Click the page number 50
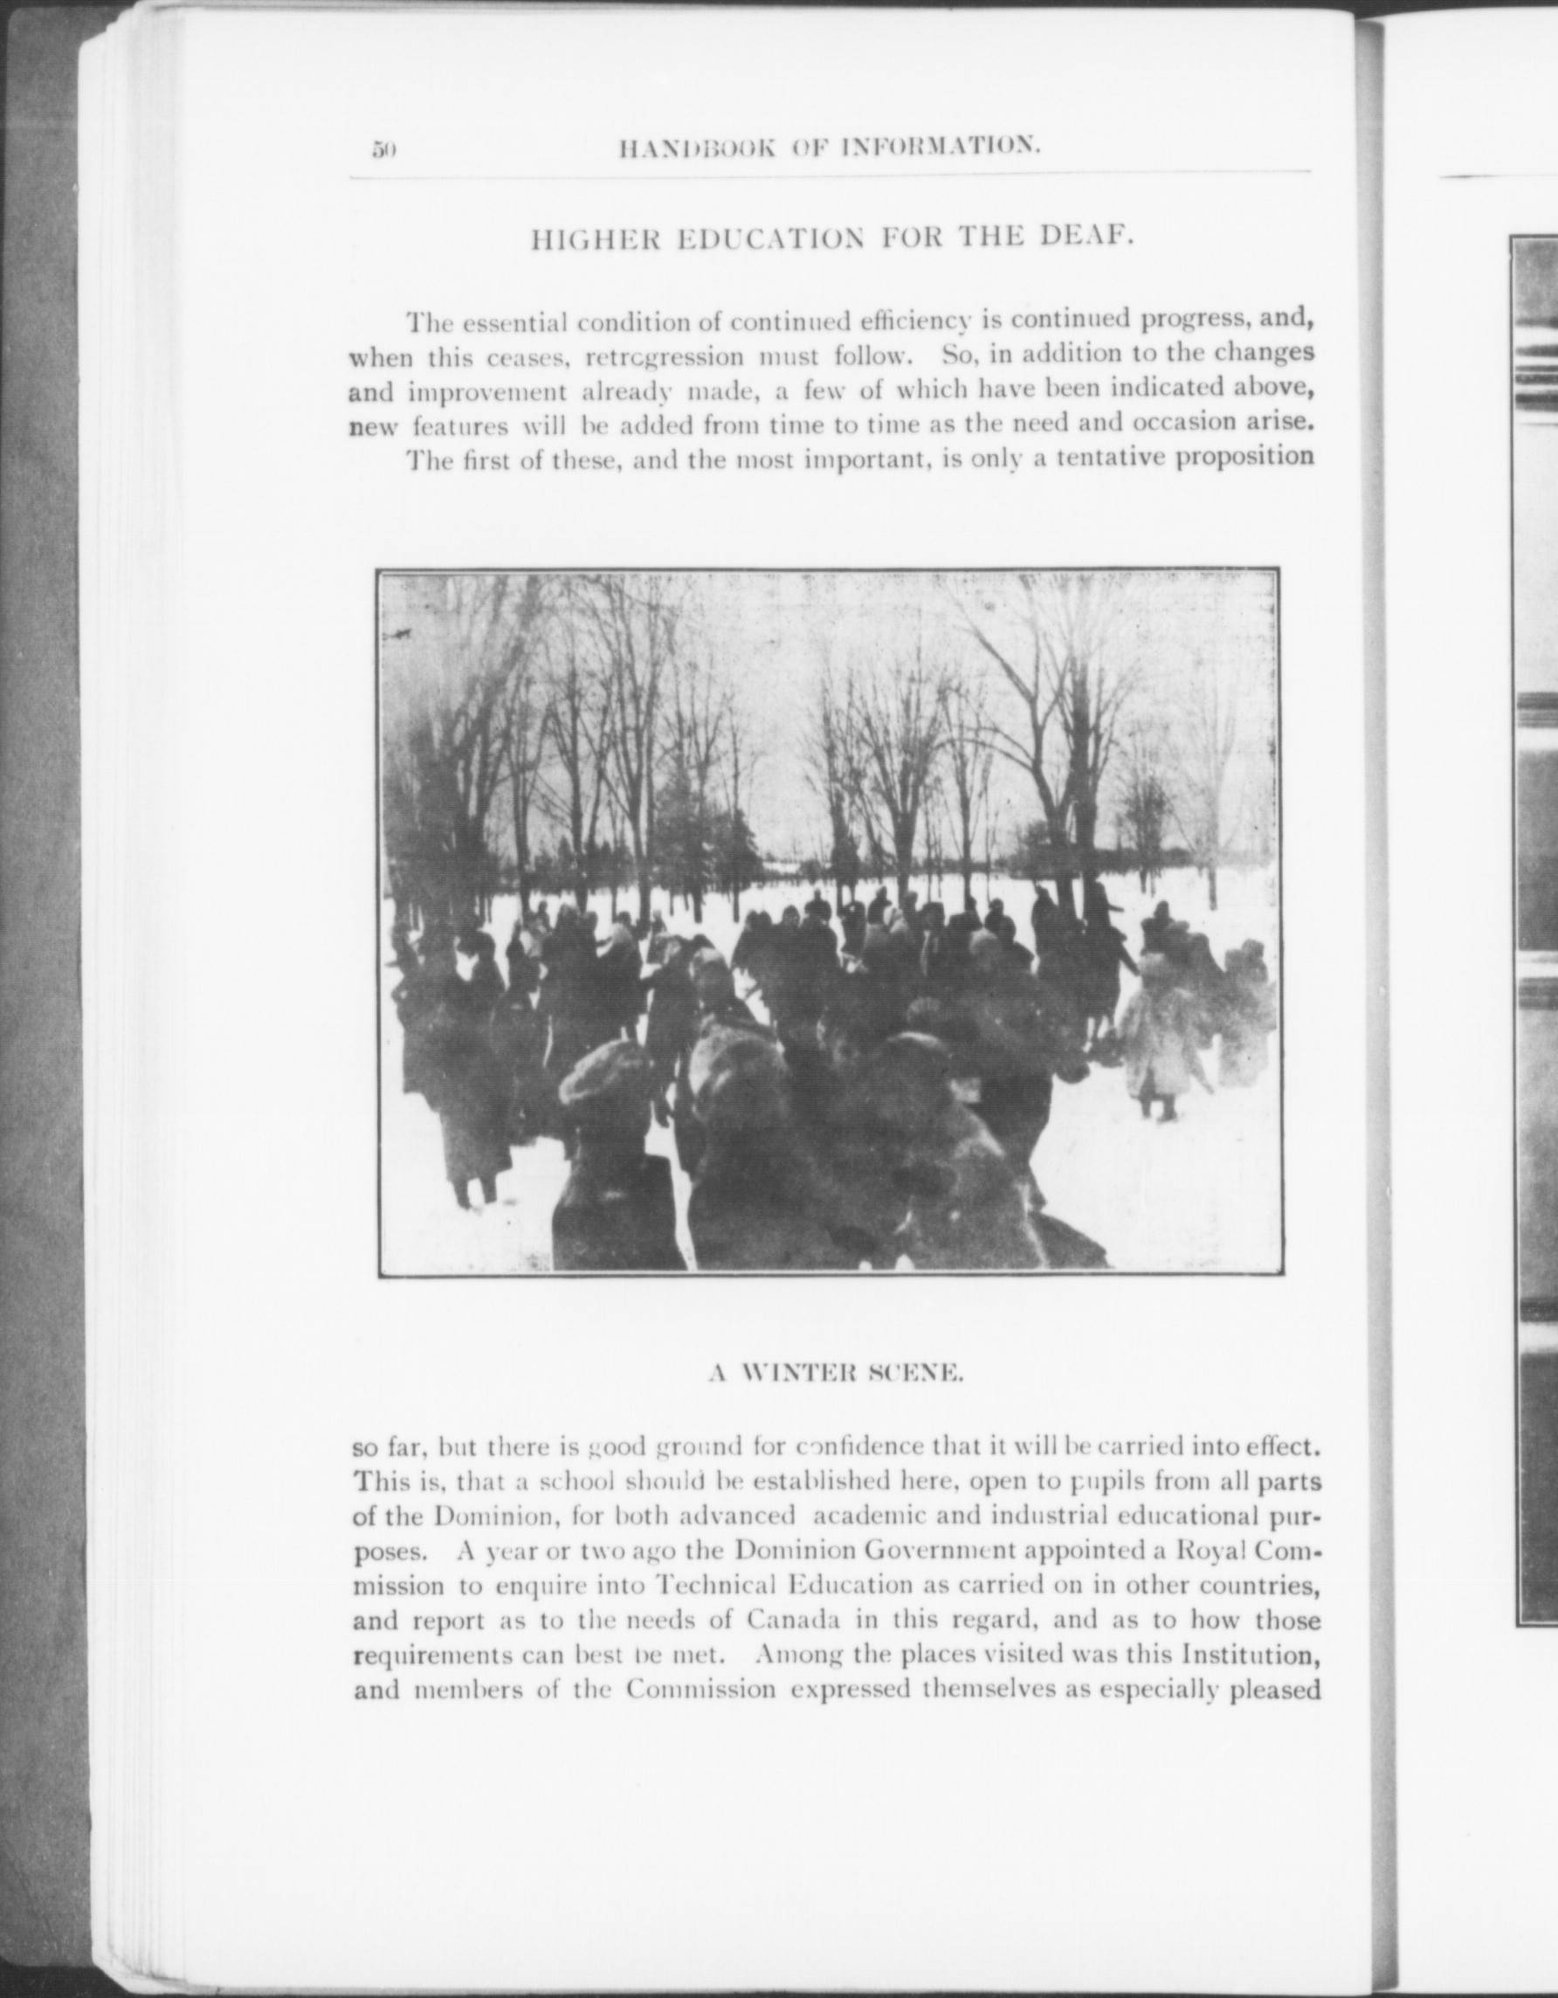pos(383,150)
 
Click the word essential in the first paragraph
pos(514,323)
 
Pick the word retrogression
pos(665,356)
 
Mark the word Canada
pos(792,1620)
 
